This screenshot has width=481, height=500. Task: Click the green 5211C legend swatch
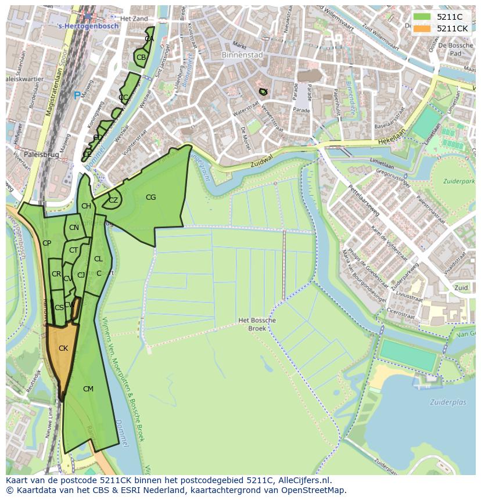(422, 17)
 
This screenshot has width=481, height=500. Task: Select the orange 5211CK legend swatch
(422, 28)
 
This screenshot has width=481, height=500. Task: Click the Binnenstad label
(242, 55)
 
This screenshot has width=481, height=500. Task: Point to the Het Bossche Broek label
(257, 324)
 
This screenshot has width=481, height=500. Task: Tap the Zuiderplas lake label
(448, 402)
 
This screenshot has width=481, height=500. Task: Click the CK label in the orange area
(63, 348)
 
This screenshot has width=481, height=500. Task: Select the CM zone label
(88, 389)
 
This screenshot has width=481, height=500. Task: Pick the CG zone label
(151, 197)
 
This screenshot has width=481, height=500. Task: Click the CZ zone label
(113, 200)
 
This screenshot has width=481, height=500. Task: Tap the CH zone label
(86, 206)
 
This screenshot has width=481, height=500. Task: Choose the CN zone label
(74, 228)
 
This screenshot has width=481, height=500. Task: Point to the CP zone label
(46, 243)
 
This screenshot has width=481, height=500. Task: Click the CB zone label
(141, 57)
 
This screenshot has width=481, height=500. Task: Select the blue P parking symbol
(77, 96)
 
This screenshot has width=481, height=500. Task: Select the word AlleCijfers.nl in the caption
(303, 480)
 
